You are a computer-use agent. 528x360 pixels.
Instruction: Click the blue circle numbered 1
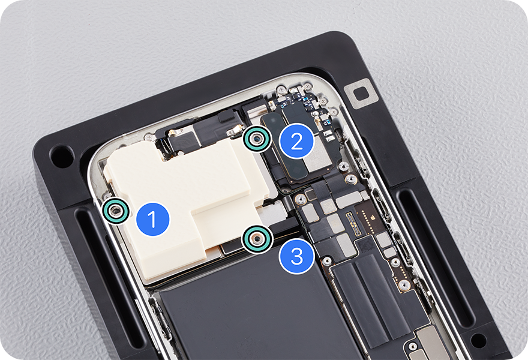pos(152,219)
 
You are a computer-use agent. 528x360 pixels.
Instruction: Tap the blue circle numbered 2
pos(296,141)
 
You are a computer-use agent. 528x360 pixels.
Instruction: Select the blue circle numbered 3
pos(296,256)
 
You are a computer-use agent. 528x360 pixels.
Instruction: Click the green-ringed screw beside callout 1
pos(116,211)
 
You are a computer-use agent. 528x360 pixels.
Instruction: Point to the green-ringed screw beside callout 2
pos(257,139)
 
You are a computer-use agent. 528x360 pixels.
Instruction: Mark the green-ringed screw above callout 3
pos(257,239)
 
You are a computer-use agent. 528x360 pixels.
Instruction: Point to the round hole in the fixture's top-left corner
pos(62,156)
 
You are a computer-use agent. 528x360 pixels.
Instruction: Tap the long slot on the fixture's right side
pos(438,266)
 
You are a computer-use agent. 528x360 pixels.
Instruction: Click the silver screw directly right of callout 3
pos(326,260)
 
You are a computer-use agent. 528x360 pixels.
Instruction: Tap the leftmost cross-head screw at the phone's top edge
pos(281,89)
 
